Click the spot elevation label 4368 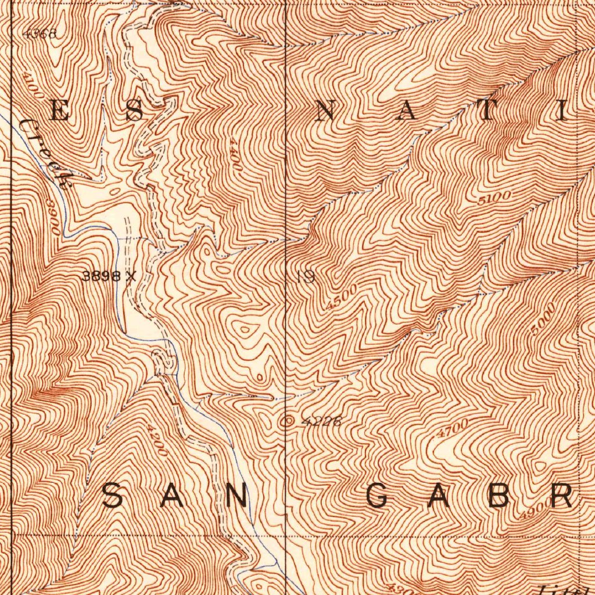pos(40,34)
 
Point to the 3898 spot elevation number pos(102,277)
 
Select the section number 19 pos(305,277)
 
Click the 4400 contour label pos(235,153)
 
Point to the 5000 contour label pos(543,319)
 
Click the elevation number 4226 pos(321,422)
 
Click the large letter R pos(562,497)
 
